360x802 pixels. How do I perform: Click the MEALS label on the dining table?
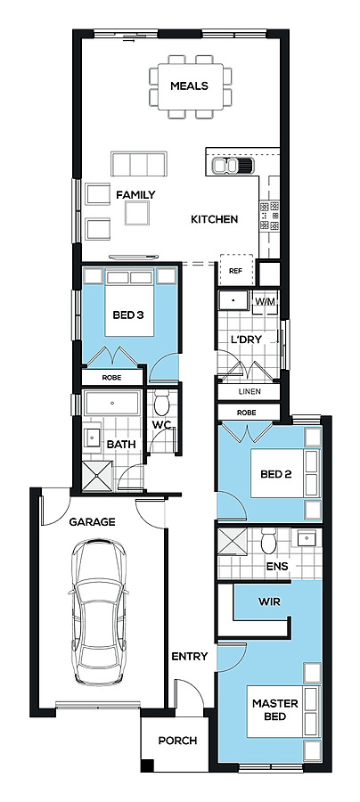tap(189, 86)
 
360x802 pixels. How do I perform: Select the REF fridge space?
tap(236, 270)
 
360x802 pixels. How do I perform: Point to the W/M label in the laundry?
tap(266, 301)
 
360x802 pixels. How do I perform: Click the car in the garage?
tap(99, 611)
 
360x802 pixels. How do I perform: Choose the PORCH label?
tap(177, 741)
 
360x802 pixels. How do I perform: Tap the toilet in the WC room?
tap(162, 404)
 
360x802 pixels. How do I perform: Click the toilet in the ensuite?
tap(269, 541)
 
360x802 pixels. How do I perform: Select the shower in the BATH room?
tap(98, 475)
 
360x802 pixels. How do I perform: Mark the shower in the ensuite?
tap(233, 542)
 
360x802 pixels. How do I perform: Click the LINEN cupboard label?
tap(250, 392)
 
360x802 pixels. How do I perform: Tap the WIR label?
tap(269, 602)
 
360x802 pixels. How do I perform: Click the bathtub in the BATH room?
tap(112, 403)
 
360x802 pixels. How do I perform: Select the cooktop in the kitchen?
tap(269, 216)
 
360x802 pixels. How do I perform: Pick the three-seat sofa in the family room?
tap(139, 164)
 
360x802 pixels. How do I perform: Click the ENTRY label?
tap(189, 656)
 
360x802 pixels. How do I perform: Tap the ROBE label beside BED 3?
tap(111, 378)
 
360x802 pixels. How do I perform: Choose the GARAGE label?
tap(92, 522)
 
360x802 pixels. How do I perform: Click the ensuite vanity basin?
tap(307, 538)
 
